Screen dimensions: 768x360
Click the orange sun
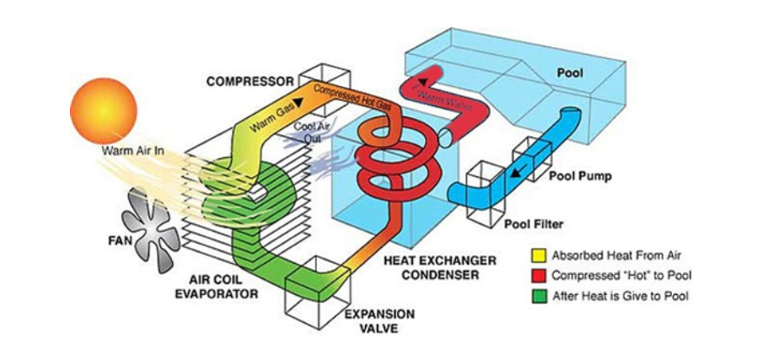[x=104, y=110]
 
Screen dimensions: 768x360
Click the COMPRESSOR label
[x=250, y=81]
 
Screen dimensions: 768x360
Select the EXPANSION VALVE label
[x=380, y=321]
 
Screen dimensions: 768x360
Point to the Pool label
[x=571, y=73]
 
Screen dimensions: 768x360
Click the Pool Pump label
[x=580, y=176]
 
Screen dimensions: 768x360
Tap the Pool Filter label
[x=534, y=225]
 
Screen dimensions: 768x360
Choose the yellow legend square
[x=539, y=255]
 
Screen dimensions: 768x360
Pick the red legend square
[x=539, y=277]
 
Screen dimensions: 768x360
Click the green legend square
[x=539, y=297]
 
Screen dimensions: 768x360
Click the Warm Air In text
[x=132, y=150]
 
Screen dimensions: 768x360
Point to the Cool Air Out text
[x=307, y=132]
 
